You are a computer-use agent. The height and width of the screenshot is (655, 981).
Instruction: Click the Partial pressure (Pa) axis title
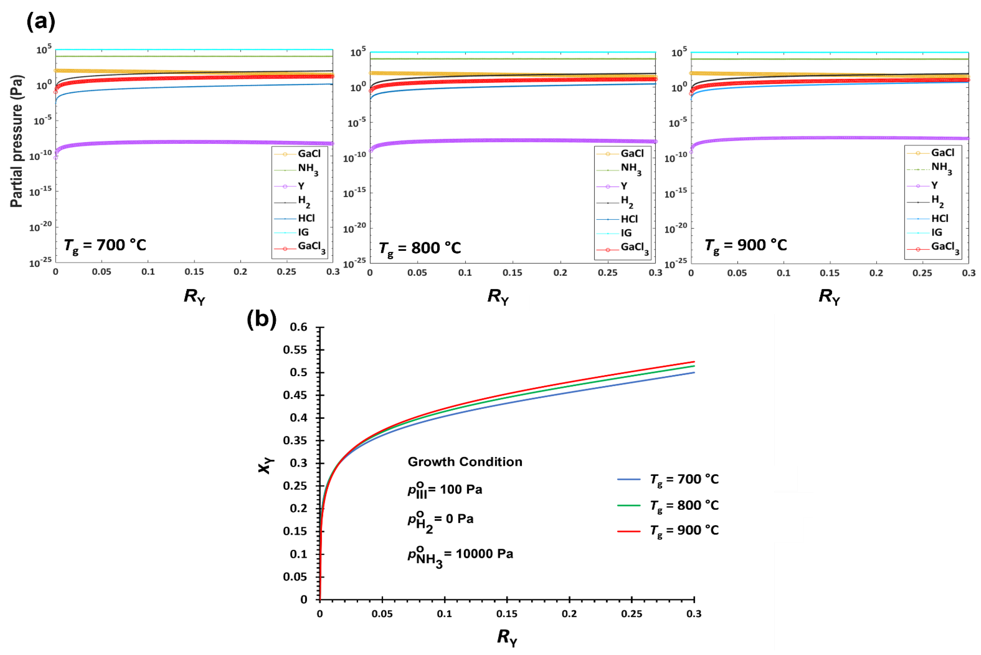tap(17, 141)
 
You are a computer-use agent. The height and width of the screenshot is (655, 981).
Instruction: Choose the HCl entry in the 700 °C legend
tap(306, 218)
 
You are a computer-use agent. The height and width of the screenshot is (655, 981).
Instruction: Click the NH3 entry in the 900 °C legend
tap(941, 168)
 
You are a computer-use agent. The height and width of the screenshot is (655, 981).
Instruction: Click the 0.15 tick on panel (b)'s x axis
tap(507, 614)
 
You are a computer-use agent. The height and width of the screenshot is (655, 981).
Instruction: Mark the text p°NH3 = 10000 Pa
tap(460, 555)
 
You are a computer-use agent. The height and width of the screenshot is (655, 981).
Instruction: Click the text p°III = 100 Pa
tap(445, 490)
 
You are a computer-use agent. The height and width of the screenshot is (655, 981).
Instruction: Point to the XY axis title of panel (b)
tap(265, 465)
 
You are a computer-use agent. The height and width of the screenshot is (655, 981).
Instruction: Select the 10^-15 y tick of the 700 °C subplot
tap(41, 191)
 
